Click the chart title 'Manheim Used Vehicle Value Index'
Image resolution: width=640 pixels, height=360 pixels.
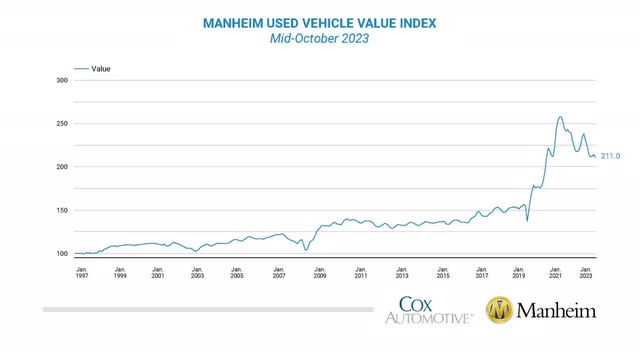[320, 22]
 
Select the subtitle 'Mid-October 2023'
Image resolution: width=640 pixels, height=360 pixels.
[320, 38]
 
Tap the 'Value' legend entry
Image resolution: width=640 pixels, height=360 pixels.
[100, 69]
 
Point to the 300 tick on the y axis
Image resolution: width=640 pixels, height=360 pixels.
[62, 80]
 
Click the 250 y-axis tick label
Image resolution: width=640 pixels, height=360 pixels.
[62, 124]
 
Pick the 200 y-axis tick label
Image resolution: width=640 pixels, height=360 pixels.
[62, 167]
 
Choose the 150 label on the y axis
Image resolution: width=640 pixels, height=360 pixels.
[62, 210]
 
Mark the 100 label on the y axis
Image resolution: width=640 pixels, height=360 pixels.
[62, 254]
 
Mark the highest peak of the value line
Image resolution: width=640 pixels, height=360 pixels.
[560, 117]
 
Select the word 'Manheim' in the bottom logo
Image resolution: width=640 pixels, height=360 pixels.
[556, 311]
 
